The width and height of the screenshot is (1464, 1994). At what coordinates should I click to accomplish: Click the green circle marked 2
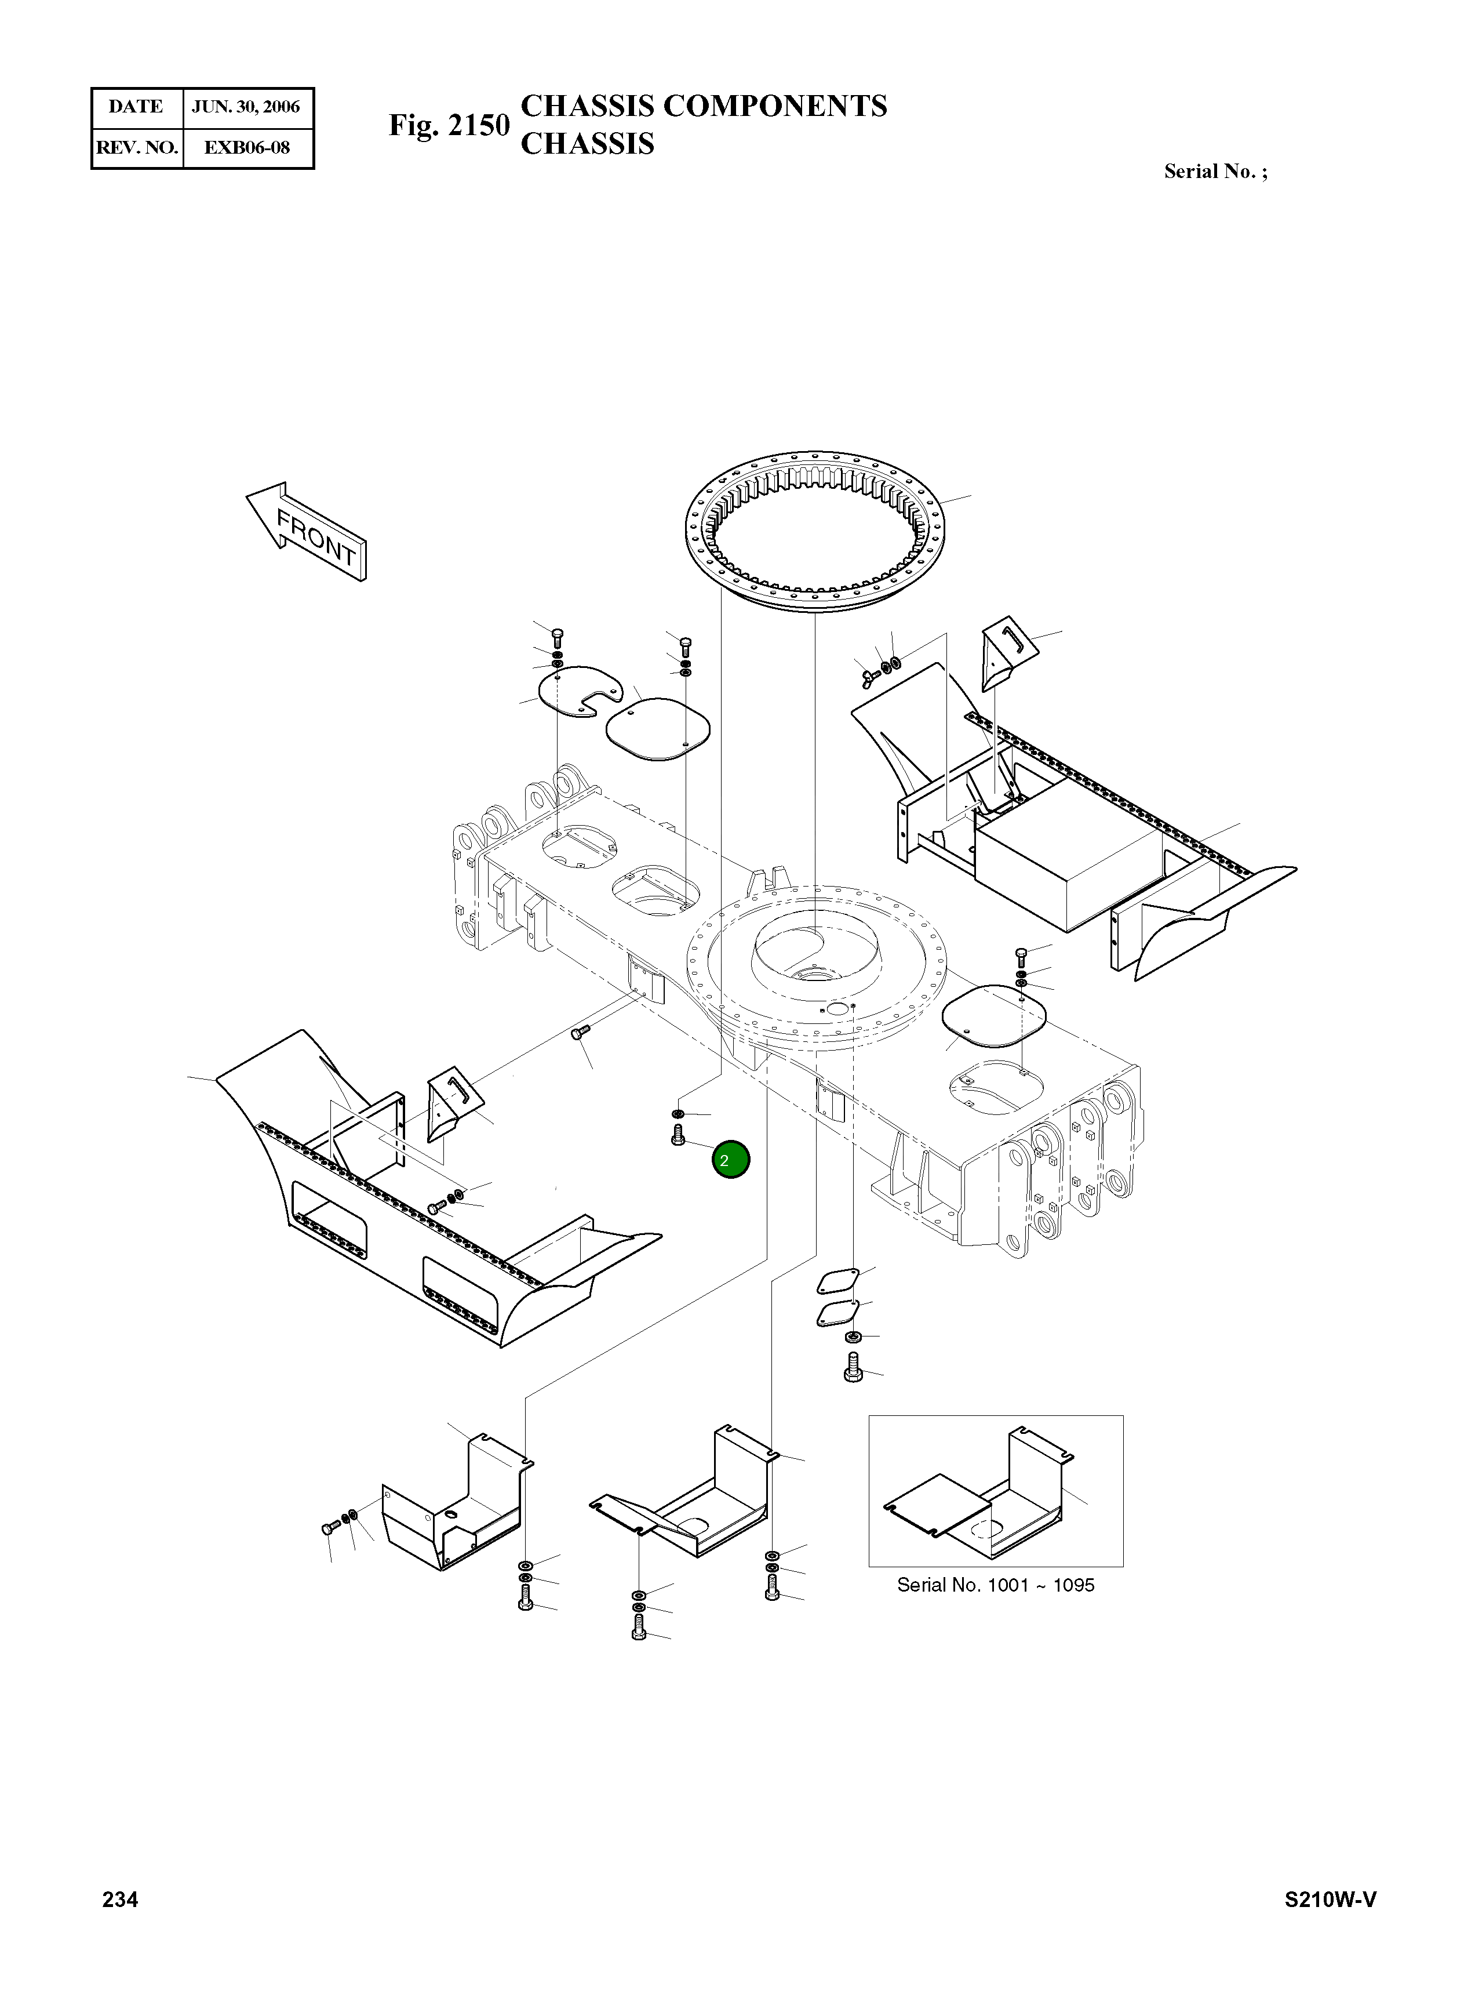tap(731, 1160)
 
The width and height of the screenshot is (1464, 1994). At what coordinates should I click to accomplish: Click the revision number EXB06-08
tap(246, 147)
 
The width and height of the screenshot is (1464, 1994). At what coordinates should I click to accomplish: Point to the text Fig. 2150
tap(449, 125)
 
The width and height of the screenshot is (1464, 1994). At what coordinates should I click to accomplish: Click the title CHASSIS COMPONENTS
tap(704, 106)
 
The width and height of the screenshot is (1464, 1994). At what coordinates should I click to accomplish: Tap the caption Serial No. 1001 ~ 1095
tap(995, 1585)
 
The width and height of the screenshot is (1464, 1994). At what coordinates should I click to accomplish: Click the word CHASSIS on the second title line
tap(587, 144)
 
